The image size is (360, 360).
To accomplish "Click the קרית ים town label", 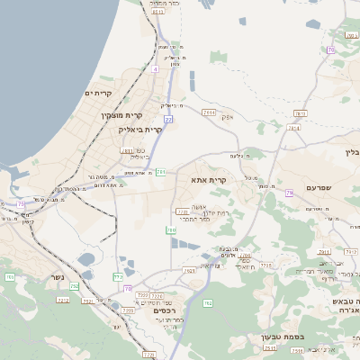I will (97, 93).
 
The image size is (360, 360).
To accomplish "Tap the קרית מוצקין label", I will (122, 115).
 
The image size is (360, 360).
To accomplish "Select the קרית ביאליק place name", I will (139, 130).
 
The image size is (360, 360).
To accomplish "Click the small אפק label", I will (229, 116).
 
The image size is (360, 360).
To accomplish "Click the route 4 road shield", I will (156, 68).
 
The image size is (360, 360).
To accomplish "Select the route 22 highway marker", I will (168, 119).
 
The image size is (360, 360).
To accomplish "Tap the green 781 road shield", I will (161, 171).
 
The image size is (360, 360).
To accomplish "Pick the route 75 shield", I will (21, 203).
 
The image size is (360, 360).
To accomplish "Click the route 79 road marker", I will (289, 193).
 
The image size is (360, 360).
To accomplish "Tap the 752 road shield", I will (118, 277).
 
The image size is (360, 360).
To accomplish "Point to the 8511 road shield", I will (158, 13).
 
